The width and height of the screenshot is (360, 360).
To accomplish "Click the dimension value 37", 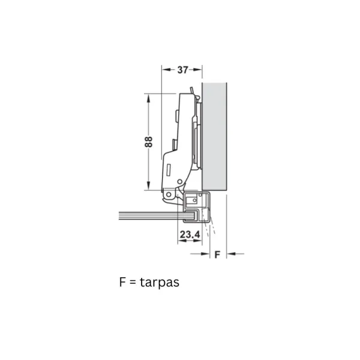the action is (x=182, y=70).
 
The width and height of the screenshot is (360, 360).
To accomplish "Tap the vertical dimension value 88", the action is (x=149, y=142).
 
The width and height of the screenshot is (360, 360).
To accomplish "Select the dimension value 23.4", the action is (x=190, y=235).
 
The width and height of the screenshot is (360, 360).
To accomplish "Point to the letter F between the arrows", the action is (x=217, y=254).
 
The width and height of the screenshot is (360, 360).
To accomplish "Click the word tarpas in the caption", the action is (x=160, y=283).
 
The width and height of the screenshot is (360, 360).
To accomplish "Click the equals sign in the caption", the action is (x=133, y=283).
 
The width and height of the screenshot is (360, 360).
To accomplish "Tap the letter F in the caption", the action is (x=122, y=282).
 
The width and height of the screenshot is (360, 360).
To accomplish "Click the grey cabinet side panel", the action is (x=214, y=136).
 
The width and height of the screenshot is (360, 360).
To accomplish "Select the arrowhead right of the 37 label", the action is (x=197, y=70).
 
